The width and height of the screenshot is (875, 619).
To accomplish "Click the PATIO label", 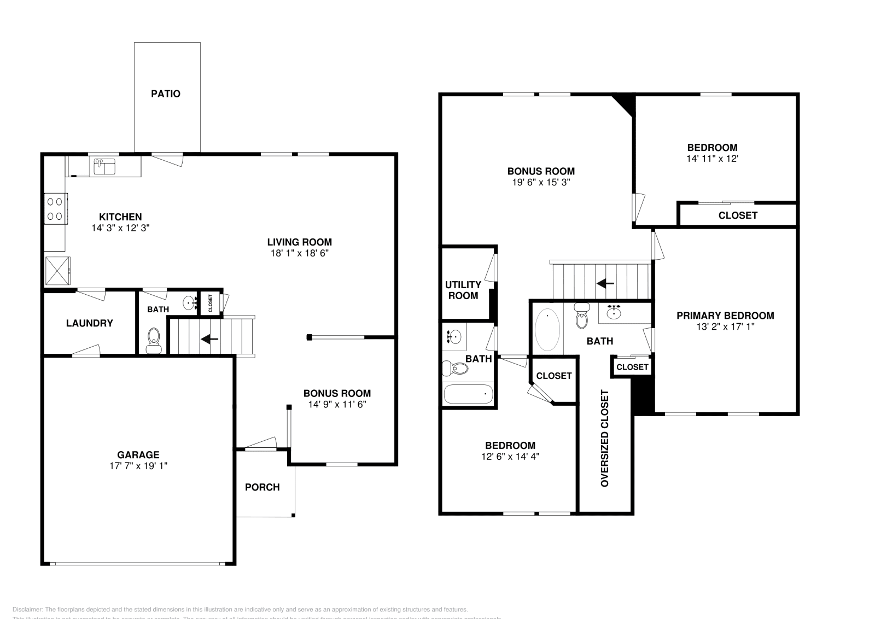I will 166,94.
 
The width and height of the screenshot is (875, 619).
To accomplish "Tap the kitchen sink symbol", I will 104,166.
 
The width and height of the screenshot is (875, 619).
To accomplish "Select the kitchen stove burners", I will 55,209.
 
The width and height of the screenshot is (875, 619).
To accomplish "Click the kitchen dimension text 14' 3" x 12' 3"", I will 120,228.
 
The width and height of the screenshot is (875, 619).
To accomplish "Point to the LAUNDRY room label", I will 89,323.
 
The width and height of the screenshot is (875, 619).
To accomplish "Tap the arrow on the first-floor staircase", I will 209,339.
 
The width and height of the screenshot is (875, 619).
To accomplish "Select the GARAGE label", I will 138,454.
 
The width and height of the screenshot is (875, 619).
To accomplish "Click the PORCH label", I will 262,487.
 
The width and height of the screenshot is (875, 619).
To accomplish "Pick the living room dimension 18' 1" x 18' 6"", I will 299,253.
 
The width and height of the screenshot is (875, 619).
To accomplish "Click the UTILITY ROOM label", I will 463,290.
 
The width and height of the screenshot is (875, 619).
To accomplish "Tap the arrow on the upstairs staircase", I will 605,283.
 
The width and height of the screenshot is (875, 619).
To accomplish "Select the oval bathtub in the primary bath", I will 547,330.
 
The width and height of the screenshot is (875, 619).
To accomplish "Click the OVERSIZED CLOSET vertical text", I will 605,438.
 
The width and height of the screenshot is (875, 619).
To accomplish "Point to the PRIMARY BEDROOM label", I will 725,316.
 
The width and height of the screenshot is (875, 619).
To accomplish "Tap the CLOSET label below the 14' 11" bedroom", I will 738,215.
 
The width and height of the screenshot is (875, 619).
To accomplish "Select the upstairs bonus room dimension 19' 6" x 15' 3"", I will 541,183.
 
